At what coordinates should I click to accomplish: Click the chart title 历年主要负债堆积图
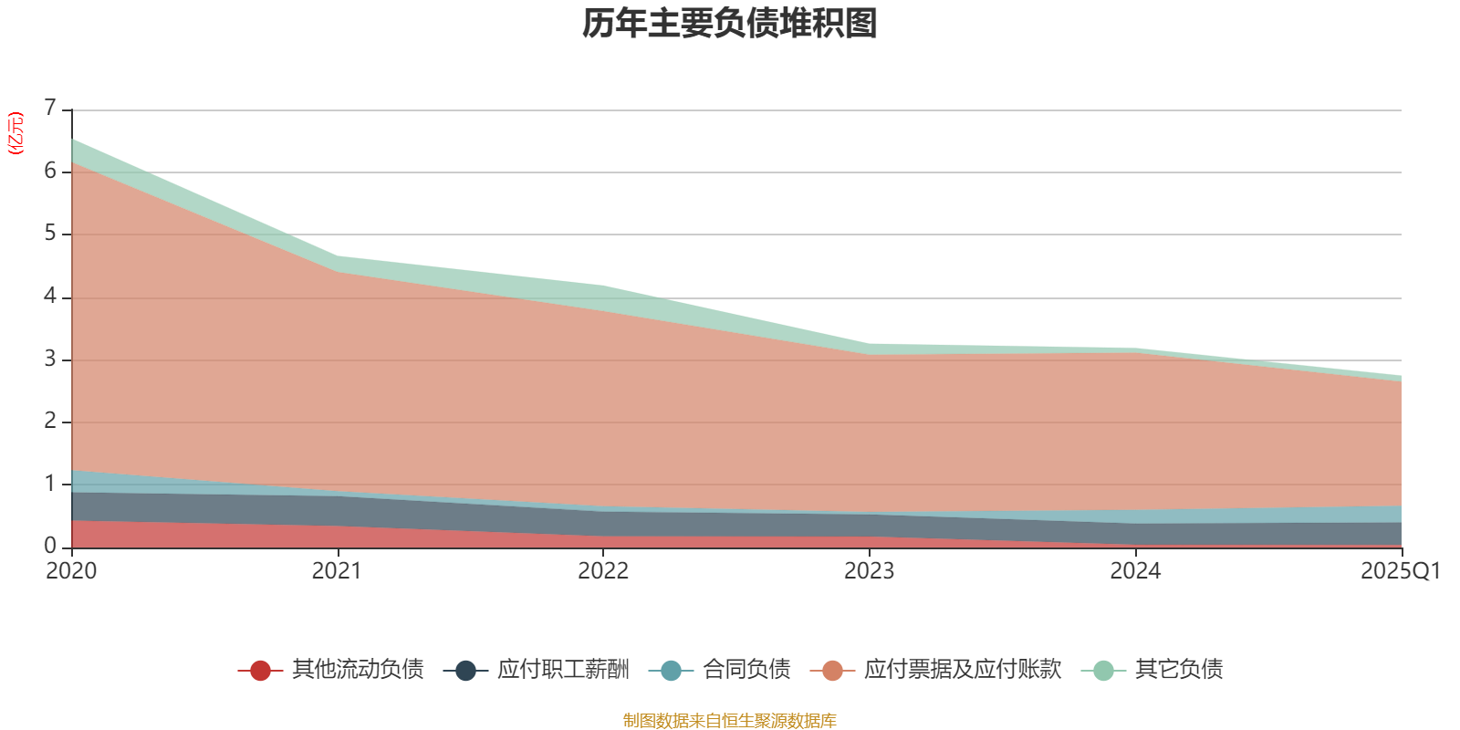click(x=729, y=24)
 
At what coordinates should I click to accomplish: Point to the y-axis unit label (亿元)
click(x=15, y=133)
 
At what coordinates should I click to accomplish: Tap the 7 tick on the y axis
click(x=50, y=108)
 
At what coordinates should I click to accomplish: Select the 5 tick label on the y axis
click(x=50, y=234)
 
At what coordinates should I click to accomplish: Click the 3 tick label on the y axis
click(x=50, y=360)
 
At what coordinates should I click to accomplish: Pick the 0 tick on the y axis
click(x=50, y=547)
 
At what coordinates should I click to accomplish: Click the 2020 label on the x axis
click(x=71, y=571)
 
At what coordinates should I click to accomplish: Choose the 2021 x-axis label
click(x=337, y=571)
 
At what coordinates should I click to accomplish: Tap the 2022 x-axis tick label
click(x=603, y=571)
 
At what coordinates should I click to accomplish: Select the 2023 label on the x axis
click(x=870, y=571)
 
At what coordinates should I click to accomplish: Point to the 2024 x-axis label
click(x=1135, y=571)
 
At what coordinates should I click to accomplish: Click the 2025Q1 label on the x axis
click(x=1400, y=571)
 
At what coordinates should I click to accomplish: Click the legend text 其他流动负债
click(x=358, y=670)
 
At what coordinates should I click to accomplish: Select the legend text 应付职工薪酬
click(x=563, y=670)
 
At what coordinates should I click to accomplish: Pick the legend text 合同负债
click(x=746, y=670)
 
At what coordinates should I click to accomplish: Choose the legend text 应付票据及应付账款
click(x=963, y=670)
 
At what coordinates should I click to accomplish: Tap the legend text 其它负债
click(x=1179, y=670)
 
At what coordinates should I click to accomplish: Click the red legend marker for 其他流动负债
click(x=260, y=670)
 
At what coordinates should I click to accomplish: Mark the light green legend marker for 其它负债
click(x=1103, y=670)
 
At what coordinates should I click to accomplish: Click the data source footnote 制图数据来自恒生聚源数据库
click(x=729, y=720)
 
